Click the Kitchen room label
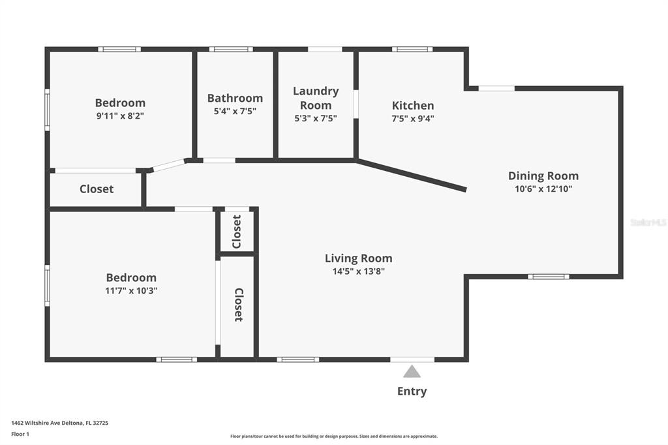click(413, 105)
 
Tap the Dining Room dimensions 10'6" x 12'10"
click(543, 189)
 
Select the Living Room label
click(358, 258)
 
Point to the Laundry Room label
click(316, 98)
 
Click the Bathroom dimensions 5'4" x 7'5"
click(235, 111)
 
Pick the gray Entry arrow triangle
click(412, 371)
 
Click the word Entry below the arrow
click(412, 391)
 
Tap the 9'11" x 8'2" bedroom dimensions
click(120, 116)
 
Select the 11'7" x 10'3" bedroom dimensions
click(131, 291)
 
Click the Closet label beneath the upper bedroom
click(97, 189)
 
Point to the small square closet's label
click(237, 232)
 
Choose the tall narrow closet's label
click(239, 305)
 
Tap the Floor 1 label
click(20, 435)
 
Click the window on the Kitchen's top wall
click(412, 50)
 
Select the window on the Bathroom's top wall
click(231, 50)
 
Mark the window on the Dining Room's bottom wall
click(549, 277)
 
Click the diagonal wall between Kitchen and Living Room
click(411, 175)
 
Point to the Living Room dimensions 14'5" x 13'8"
click(359, 271)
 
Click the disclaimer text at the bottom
click(334, 437)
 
